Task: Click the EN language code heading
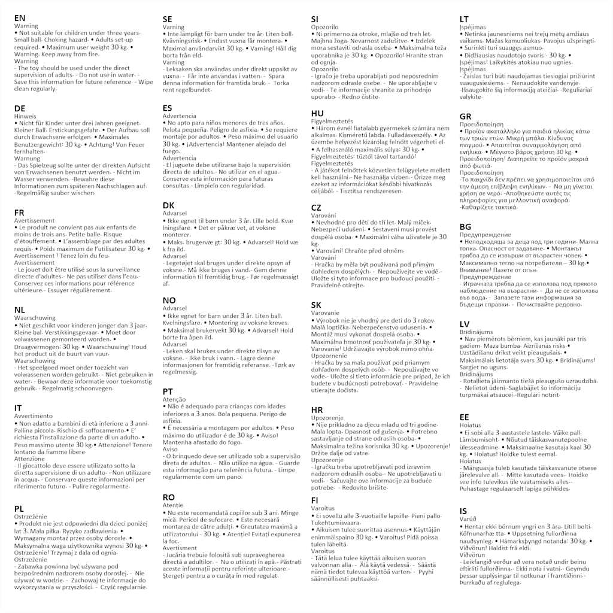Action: pyautogui.click(x=20, y=19)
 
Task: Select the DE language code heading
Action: pyautogui.click(x=20, y=108)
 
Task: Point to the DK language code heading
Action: pyautogui.click(x=169, y=205)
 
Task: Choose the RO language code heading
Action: pyautogui.click(x=169, y=497)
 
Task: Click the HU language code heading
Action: pyautogui.click(x=318, y=113)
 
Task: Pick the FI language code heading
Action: pyautogui.click(x=315, y=500)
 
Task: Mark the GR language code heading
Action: pyautogui.click(x=466, y=116)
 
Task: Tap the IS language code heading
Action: pyautogui.click(x=463, y=511)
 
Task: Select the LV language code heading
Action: pyautogui.click(x=465, y=324)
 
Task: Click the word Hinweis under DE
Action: pyautogui.click(x=25, y=116)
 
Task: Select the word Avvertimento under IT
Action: pyautogui.click(x=34, y=416)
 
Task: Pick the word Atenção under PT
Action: pyautogui.click(x=175, y=399)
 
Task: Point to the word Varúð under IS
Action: pyautogui.click(x=468, y=518)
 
